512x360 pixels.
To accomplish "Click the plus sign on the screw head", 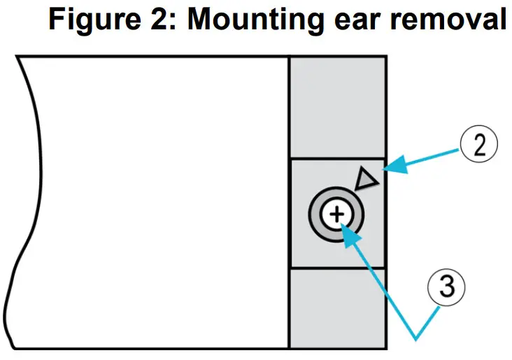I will tap(337, 214).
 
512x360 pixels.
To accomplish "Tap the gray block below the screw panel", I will tap(337, 308).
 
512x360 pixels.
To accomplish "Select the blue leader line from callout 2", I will tap(427, 157).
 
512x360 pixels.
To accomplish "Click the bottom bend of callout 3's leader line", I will tap(416, 339).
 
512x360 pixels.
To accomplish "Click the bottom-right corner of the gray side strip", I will tap(384, 348).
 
